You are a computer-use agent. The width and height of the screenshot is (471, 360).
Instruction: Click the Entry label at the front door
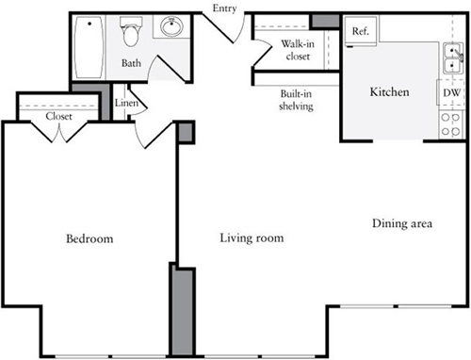click(x=224, y=8)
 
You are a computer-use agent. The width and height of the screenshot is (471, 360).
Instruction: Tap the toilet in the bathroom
click(x=131, y=31)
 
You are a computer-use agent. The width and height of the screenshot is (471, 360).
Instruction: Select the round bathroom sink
click(x=171, y=26)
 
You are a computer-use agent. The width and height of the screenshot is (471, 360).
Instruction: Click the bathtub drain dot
click(x=89, y=24)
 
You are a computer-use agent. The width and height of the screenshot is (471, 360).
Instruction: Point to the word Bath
click(x=131, y=63)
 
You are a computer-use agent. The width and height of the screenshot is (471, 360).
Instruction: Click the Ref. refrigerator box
click(x=361, y=31)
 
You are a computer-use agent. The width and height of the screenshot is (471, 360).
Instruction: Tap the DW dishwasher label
click(x=451, y=92)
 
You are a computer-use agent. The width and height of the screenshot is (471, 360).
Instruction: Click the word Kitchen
click(x=389, y=91)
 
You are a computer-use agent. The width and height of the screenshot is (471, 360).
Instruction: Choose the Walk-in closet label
click(x=298, y=50)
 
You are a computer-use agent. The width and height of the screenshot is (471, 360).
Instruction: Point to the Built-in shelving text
click(x=296, y=100)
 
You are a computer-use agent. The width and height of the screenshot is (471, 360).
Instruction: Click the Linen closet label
click(x=126, y=103)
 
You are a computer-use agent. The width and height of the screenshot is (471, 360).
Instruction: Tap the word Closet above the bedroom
click(x=58, y=116)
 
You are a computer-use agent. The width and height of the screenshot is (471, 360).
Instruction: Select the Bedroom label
click(x=89, y=238)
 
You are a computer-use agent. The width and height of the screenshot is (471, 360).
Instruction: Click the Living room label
click(x=252, y=237)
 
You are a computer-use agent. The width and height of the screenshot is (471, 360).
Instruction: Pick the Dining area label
click(x=402, y=223)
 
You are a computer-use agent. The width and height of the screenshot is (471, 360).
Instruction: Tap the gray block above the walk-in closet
click(x=325, y=21)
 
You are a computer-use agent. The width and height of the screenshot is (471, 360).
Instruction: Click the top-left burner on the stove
click(x=445, y=118)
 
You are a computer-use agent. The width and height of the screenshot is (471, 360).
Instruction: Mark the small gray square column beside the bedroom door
click(x=186, y=132)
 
